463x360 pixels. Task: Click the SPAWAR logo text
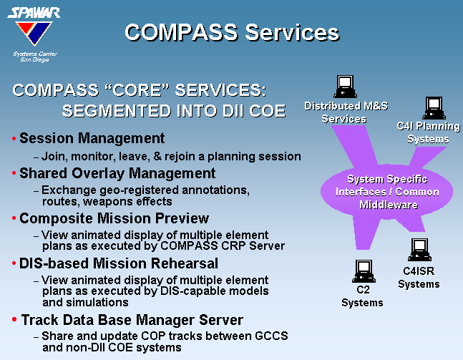pos(34,13)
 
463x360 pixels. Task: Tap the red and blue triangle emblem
pos(34,33)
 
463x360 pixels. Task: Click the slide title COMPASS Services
pos(232,32)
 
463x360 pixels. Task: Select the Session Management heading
pos(92,138)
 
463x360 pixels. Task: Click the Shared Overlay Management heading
pos(117,173)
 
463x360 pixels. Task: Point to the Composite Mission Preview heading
pos(114,218)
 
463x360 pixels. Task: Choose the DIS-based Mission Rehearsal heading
pos(119,263)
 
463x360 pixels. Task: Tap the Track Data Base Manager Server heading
pos(132,320)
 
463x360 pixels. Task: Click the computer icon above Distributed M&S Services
pos(345,87)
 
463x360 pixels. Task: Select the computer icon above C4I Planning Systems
pos(434,108)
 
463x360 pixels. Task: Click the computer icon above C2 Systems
pos(364,271)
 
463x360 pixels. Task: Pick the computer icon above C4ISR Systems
pos(419,250)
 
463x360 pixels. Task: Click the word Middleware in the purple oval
pos(389,205)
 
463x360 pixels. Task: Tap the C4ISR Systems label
pos(419,278)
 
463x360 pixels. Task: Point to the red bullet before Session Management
pos(14,138)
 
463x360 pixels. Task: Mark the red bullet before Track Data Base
pos(14,319)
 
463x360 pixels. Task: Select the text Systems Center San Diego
pos(35,57)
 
